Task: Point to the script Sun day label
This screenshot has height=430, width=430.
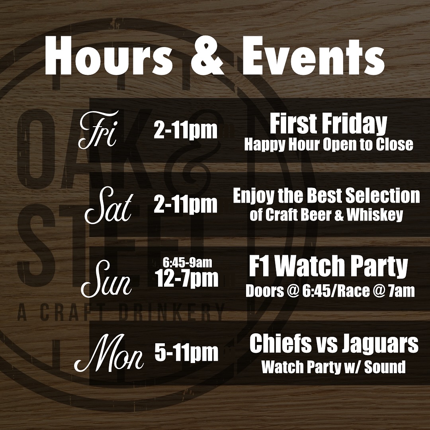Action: pos(106,279)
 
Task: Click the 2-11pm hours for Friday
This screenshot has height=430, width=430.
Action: pos(186,131)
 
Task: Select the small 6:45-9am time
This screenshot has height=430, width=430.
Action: pos(187,263)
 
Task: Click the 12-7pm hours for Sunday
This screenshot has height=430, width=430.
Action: pos(187,279)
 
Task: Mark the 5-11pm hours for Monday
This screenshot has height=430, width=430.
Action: pos(186,352)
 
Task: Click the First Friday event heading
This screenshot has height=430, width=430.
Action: pos(328,125)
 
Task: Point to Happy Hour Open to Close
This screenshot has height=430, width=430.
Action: pos(329,145)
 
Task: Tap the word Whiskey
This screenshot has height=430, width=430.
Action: pos(375,215)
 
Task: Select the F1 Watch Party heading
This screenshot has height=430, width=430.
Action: pos(328,267)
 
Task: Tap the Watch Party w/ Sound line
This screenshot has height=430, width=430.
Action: pos(334,367)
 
